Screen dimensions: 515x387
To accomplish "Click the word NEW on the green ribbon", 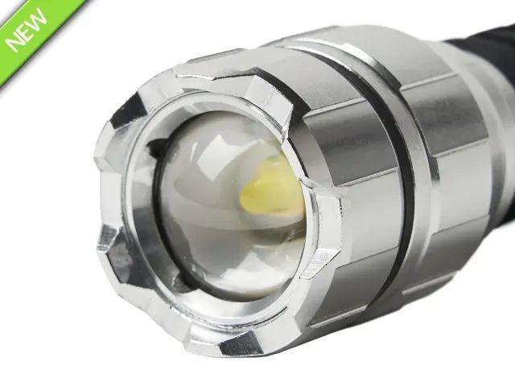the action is coord(27,30).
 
